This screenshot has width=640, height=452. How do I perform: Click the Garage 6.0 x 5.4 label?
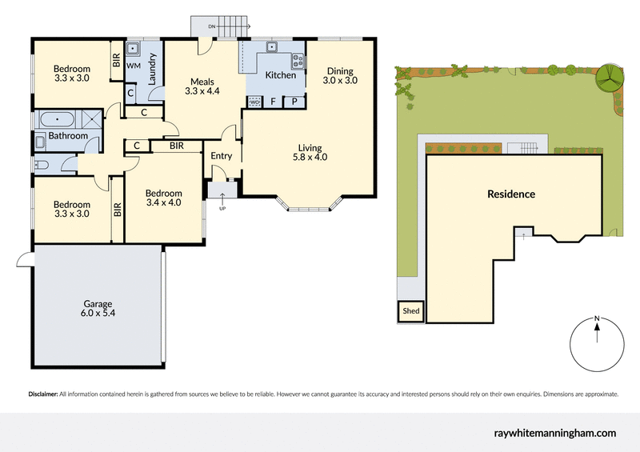pyautogui.click(x=98, y=309)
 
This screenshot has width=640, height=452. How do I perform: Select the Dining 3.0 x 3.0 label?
pyautogui.click(x=340, y=75)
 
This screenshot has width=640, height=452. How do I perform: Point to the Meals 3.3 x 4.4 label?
pyautogui.click(x=202, y=86)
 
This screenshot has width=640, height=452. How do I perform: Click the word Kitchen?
pyautogui.click(x=280, y=75)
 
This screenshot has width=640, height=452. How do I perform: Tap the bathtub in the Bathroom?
pyautogui.click(x=55, y=120)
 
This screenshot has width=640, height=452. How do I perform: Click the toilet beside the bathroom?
pyautogui.click(x=42, y=165)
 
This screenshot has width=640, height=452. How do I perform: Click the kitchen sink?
pyautogui.click(x=272, y=47)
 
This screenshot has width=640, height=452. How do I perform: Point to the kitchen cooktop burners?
pyautogui.click(x=298, y=60)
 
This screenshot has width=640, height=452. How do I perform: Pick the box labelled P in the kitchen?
pyautogui.click(x=294, y=102)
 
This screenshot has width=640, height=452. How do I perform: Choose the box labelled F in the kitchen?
pyautogui.click(x=274, y=102)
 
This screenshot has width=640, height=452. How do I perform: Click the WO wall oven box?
pyautogui.click(x=254, y=102)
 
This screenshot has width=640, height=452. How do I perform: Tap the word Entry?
pyautogui.click(x=221, y=156)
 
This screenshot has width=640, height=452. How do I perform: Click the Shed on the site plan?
pyautogui.click(x=411, y=311)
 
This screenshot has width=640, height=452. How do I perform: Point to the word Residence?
pyautogui.click(x=511, y=194)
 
